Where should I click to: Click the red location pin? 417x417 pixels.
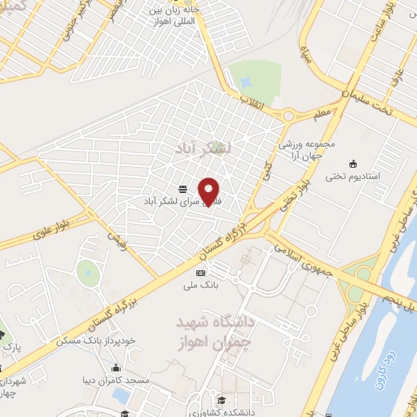(x=210, y=191)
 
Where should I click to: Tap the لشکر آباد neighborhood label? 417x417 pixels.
(x=204, y=148)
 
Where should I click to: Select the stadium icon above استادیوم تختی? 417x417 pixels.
(x=352, y=163)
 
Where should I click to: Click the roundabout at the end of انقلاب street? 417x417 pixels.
(x=290, y=116)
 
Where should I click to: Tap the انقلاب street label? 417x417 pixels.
(x=248, y=101)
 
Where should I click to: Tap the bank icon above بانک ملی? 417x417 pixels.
(x=200, y=273)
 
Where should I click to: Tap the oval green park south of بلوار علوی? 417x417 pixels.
(x=87, y=271)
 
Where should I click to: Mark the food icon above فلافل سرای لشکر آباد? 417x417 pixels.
(x=182, y=188)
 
